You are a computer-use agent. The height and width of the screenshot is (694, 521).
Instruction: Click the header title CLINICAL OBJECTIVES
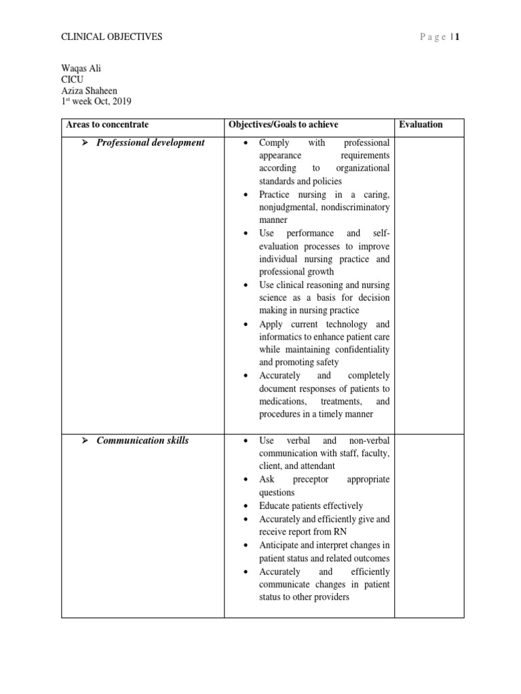coord(112,37)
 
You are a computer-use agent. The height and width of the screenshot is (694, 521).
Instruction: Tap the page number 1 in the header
coord(458,37)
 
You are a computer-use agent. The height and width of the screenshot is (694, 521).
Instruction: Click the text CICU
coord(72,79)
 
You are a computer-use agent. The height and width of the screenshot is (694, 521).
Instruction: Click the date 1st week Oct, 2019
coord(96,102)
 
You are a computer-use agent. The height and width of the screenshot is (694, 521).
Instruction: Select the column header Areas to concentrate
coord(107,125)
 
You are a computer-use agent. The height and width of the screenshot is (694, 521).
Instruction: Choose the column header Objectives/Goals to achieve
coord(284,125)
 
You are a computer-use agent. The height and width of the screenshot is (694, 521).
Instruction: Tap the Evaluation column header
coord(421,125)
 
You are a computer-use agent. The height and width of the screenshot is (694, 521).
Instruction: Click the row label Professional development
coord(150,143)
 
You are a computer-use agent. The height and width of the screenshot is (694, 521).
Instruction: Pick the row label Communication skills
coord(142,441)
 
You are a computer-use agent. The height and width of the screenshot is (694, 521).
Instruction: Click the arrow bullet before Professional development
coord(85,143)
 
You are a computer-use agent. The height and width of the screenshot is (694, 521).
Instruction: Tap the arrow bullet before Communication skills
coord(85,441)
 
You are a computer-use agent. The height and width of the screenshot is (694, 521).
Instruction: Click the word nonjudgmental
coord(289,207)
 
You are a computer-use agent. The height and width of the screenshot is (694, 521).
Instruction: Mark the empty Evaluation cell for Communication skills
coord(429,522)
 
